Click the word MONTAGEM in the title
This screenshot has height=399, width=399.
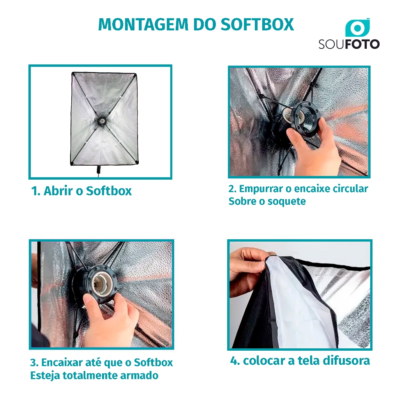coord(143,25)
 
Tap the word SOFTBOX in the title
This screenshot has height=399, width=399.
coord(257,25)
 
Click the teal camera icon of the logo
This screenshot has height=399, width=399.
coord(357,28)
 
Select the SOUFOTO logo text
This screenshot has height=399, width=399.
coord(349,44)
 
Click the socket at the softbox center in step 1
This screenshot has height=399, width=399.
coord(102,121)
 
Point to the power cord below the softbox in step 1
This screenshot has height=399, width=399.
coord(98,171)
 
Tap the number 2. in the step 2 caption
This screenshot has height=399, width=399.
coord(233,189)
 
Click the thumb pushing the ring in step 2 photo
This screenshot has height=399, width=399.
coord(295,135)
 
